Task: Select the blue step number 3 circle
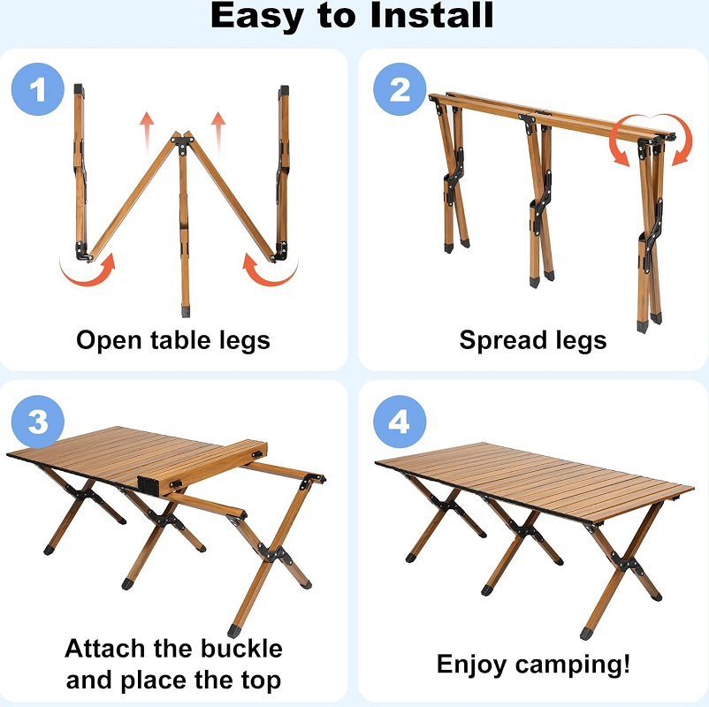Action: click(38, 422)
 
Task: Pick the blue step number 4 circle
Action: click(400, 422)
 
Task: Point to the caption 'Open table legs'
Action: click(173, 340)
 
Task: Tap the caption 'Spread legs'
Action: click(533, 340)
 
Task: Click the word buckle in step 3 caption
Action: click(238, 649)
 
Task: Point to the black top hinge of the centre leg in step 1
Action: click(183, 141)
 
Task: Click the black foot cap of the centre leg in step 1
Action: click(185, 311)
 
